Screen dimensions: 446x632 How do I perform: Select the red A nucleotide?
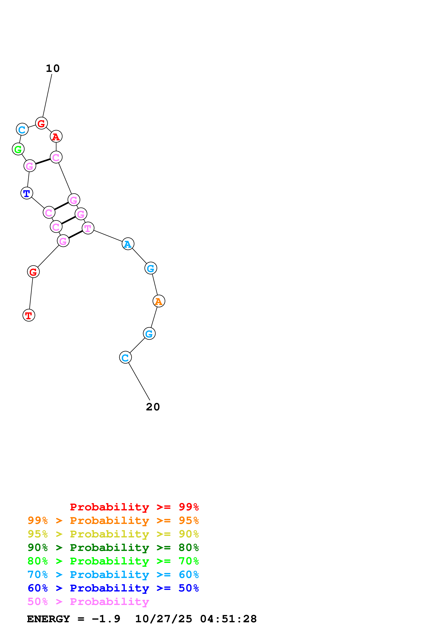point(56,137)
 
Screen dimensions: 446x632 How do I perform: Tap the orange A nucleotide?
point(159,301)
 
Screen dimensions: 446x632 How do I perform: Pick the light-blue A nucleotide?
point(128,244)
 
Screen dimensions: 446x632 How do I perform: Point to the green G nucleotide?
point(18,149)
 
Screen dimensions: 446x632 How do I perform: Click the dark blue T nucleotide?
point(27,193)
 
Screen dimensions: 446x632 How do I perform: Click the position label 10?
point(53,68)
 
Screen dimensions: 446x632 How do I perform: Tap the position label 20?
point(153,407)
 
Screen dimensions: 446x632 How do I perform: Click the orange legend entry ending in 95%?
point(113,520)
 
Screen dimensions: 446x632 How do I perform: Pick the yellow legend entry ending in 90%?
point(113,534)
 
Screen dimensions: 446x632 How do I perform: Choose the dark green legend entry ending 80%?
point(113,548)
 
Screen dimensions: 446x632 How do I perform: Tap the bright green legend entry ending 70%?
point(113,561)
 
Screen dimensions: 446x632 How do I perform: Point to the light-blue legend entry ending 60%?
point(113,575)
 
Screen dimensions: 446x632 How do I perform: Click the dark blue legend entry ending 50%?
point(113,588)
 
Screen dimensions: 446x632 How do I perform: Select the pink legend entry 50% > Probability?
point(88,601)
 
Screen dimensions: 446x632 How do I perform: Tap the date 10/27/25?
point(164,619)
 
